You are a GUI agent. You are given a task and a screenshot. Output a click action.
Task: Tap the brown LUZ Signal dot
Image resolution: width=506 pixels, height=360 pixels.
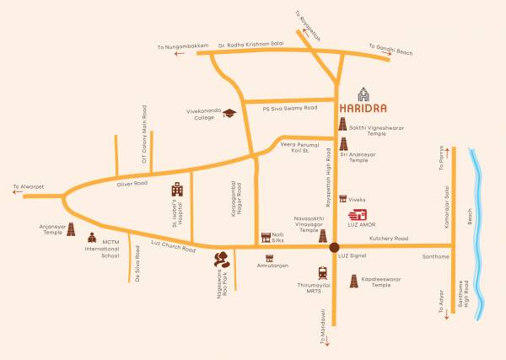coord(335,246)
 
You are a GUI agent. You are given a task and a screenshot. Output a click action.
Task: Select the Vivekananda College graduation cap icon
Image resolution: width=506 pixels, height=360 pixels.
coord(227,113)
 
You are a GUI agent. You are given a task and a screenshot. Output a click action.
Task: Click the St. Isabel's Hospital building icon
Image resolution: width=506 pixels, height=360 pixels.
coord(177,190)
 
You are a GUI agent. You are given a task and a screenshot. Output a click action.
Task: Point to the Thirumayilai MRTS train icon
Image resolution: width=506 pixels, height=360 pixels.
coord(322,273)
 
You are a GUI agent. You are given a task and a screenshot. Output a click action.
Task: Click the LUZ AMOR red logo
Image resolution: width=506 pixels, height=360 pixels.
coord(359,216)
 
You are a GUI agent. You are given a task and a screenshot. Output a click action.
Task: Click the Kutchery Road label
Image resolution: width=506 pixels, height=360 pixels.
coord(388,239)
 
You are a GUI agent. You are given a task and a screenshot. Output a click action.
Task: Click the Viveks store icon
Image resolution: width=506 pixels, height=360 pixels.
coord(343,198)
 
